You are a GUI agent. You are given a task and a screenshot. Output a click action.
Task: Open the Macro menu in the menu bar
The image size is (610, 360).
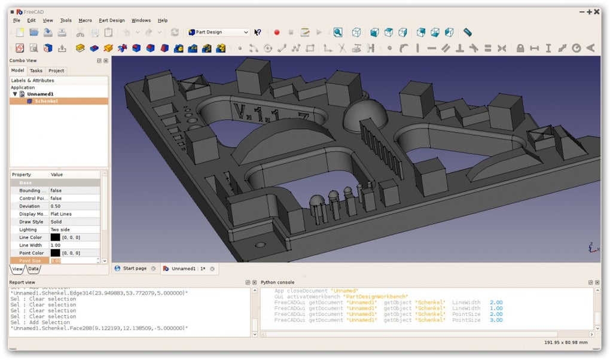tap(85, 20)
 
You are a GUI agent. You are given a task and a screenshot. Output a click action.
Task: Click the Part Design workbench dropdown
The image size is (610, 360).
tap(218, 32)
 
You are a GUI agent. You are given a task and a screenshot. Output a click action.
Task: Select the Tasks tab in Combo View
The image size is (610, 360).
tap(36, 71)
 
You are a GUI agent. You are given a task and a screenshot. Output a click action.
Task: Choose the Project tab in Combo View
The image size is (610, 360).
tap(56, 71)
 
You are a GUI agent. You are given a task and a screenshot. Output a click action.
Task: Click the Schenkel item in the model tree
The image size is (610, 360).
tap(45, 101)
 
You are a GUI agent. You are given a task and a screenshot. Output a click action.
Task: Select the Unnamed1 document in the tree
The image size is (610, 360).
tap(40, 94)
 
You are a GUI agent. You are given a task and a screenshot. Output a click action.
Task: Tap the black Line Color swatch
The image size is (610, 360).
tap(55, 237)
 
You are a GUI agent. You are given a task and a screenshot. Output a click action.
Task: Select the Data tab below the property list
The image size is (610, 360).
tap(33, 269)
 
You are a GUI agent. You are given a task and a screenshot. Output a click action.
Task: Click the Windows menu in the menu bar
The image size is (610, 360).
tap(141, 20)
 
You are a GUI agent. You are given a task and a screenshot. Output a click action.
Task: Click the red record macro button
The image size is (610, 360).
tap(276, 32)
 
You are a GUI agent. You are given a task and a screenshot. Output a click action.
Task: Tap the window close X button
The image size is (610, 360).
tap(597, 11)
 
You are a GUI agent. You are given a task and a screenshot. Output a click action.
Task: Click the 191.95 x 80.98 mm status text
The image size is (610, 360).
tap(566, 343)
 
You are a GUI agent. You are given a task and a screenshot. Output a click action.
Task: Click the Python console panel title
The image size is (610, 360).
tap(277, 282)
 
